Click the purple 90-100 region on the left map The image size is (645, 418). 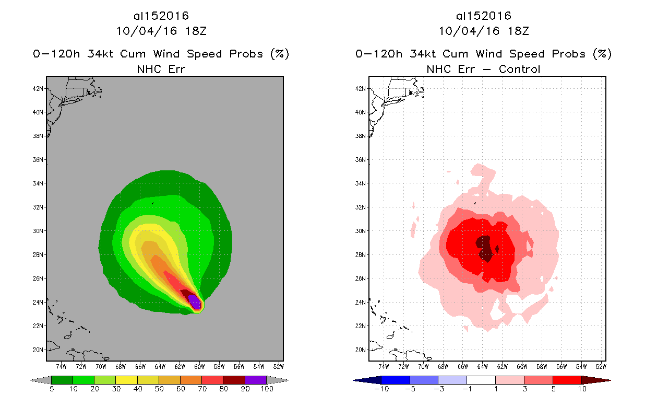click(x=194, y=301)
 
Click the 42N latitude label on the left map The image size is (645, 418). click(x=38, y=88)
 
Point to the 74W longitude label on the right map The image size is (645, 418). click(x=384, y=365)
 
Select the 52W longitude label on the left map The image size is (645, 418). click(x=278, y=365)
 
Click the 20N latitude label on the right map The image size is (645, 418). click(x=361, y=350)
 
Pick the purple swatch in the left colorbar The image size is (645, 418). click(x=255, y=380)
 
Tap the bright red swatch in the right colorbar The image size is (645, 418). click(x=567, y=380)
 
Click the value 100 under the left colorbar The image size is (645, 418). click(x=266, y=389)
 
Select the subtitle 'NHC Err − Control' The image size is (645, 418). click(x=483, y=69)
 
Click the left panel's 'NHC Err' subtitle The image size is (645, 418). click(x=161, y=69)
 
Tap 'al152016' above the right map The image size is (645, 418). click(x=484, y=16)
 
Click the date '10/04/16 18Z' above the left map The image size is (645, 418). click(x=161, y=31)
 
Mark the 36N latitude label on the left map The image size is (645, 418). click(x=38, y=160)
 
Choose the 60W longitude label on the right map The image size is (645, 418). click(x=522, y=365)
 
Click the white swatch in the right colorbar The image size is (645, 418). click(x=481, y=380)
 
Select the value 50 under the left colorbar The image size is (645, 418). click(x=159, y=389)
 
